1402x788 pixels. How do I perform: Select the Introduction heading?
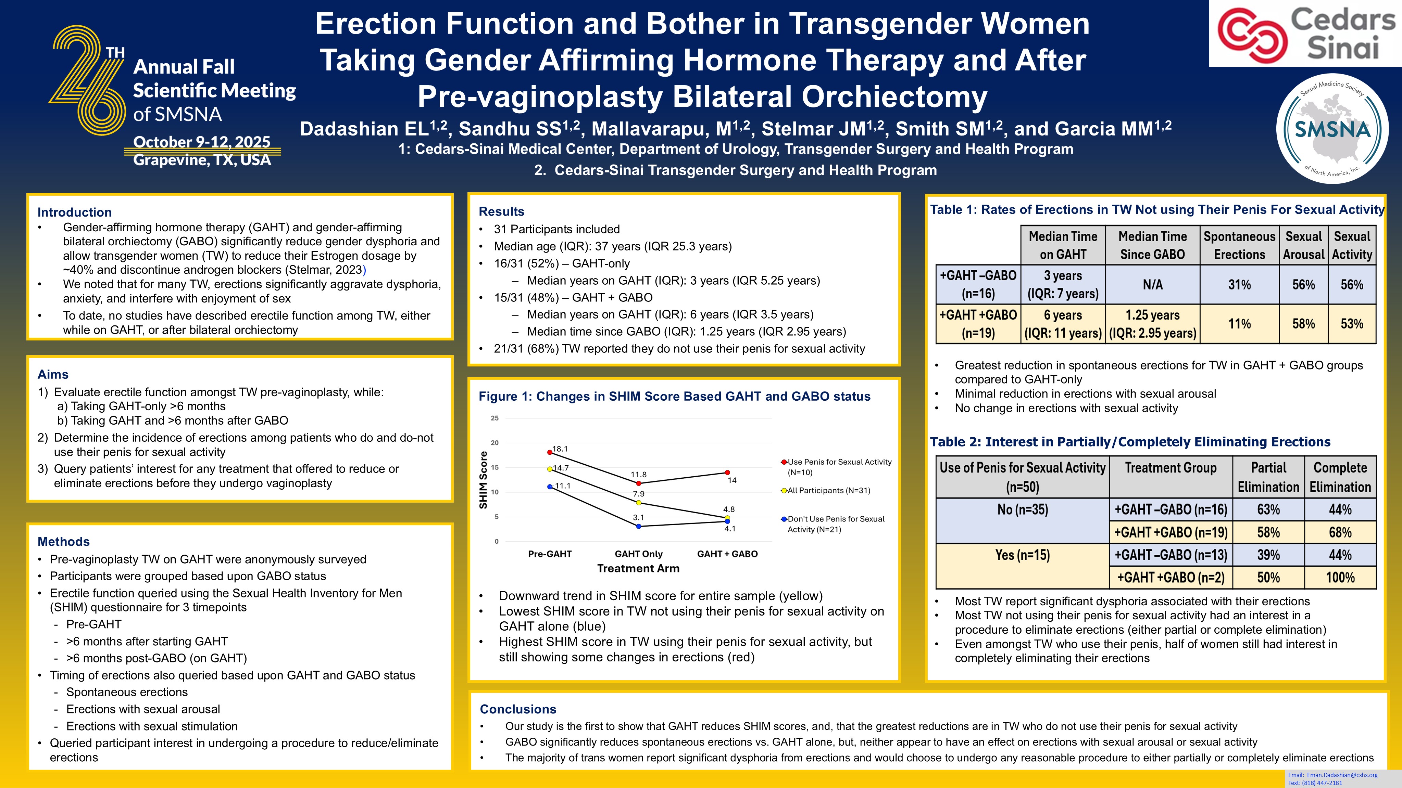coord(75,212)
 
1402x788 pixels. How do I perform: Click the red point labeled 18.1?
coord(550,452)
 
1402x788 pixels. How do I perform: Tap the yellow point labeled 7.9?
coord(638,503)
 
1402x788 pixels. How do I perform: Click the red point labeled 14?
coord(728,473)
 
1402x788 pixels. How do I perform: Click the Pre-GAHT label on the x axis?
coord(550,554)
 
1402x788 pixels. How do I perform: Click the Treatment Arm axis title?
coord(638,568)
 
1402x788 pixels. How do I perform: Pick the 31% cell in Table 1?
coord(1239,284)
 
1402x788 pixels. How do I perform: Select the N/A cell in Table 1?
coord(1152,284)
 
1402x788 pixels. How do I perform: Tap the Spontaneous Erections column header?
coord(1239,245)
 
